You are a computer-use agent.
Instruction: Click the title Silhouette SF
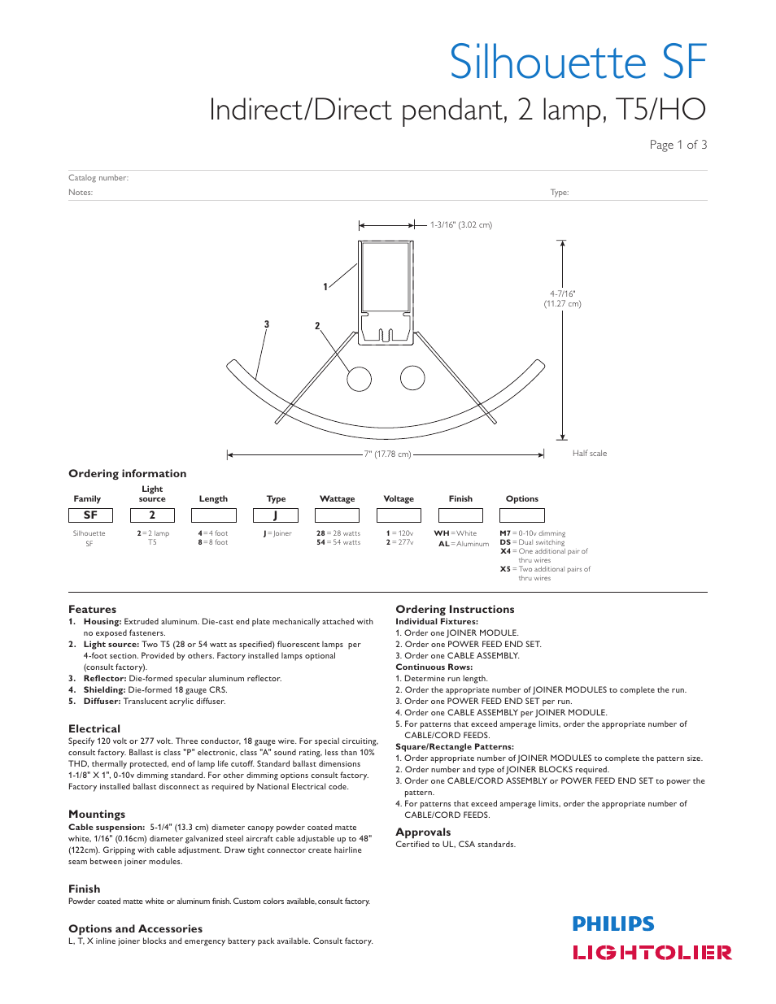tap(578, 62)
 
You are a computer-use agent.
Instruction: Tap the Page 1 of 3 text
tap(678, 145)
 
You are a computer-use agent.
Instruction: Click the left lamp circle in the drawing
tap(359, 379)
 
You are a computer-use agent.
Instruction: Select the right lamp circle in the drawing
tap(412, 378)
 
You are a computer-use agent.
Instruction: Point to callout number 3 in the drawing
tap(266, 324)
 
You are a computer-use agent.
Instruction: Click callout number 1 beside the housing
tap(325, 287)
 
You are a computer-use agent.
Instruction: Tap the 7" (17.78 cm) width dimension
tap(387, 454)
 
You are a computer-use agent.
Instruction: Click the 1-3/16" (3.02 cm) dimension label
tap(460, 225)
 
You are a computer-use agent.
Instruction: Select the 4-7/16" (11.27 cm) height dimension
tap(562, 299)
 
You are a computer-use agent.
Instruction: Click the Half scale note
tap(589, 454)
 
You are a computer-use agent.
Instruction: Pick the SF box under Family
tap(90, 515)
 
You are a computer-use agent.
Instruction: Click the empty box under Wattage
tap(337, 515)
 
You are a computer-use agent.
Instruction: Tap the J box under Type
tap(275, 515)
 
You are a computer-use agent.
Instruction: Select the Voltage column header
tap(399, 499)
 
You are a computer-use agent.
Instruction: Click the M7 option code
tap(505, 533)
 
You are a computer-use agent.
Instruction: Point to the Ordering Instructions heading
tap(455, 609)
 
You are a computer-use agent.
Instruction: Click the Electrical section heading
tap(94, 729)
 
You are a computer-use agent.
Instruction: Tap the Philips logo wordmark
tap(613, 924)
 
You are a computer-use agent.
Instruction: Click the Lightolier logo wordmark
tap(652, 953)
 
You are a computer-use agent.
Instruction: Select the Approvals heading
tap(423, 832)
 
